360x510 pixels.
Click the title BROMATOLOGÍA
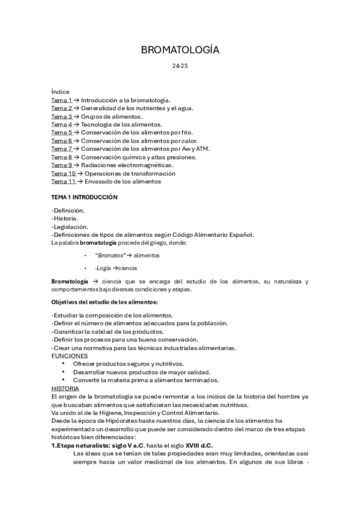(x=180, y=50)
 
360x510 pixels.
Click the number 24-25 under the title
(x=180, y=66)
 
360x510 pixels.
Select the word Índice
(x=60, y=91)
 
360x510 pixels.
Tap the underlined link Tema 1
(x=62, y=100)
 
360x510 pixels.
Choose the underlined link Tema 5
(x=62, y=132)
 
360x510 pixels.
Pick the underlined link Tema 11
(x=64, y=181)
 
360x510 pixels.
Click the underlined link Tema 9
(x=62, y=165)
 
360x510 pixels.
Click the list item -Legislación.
(x=70, y=227)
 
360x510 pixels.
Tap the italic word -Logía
(x=103, y=268)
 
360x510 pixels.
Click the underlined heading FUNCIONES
(x=70, y=355)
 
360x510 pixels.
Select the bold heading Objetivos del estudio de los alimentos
(x=105, y=301)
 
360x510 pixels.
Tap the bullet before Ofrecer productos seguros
(x=63, y=364)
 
